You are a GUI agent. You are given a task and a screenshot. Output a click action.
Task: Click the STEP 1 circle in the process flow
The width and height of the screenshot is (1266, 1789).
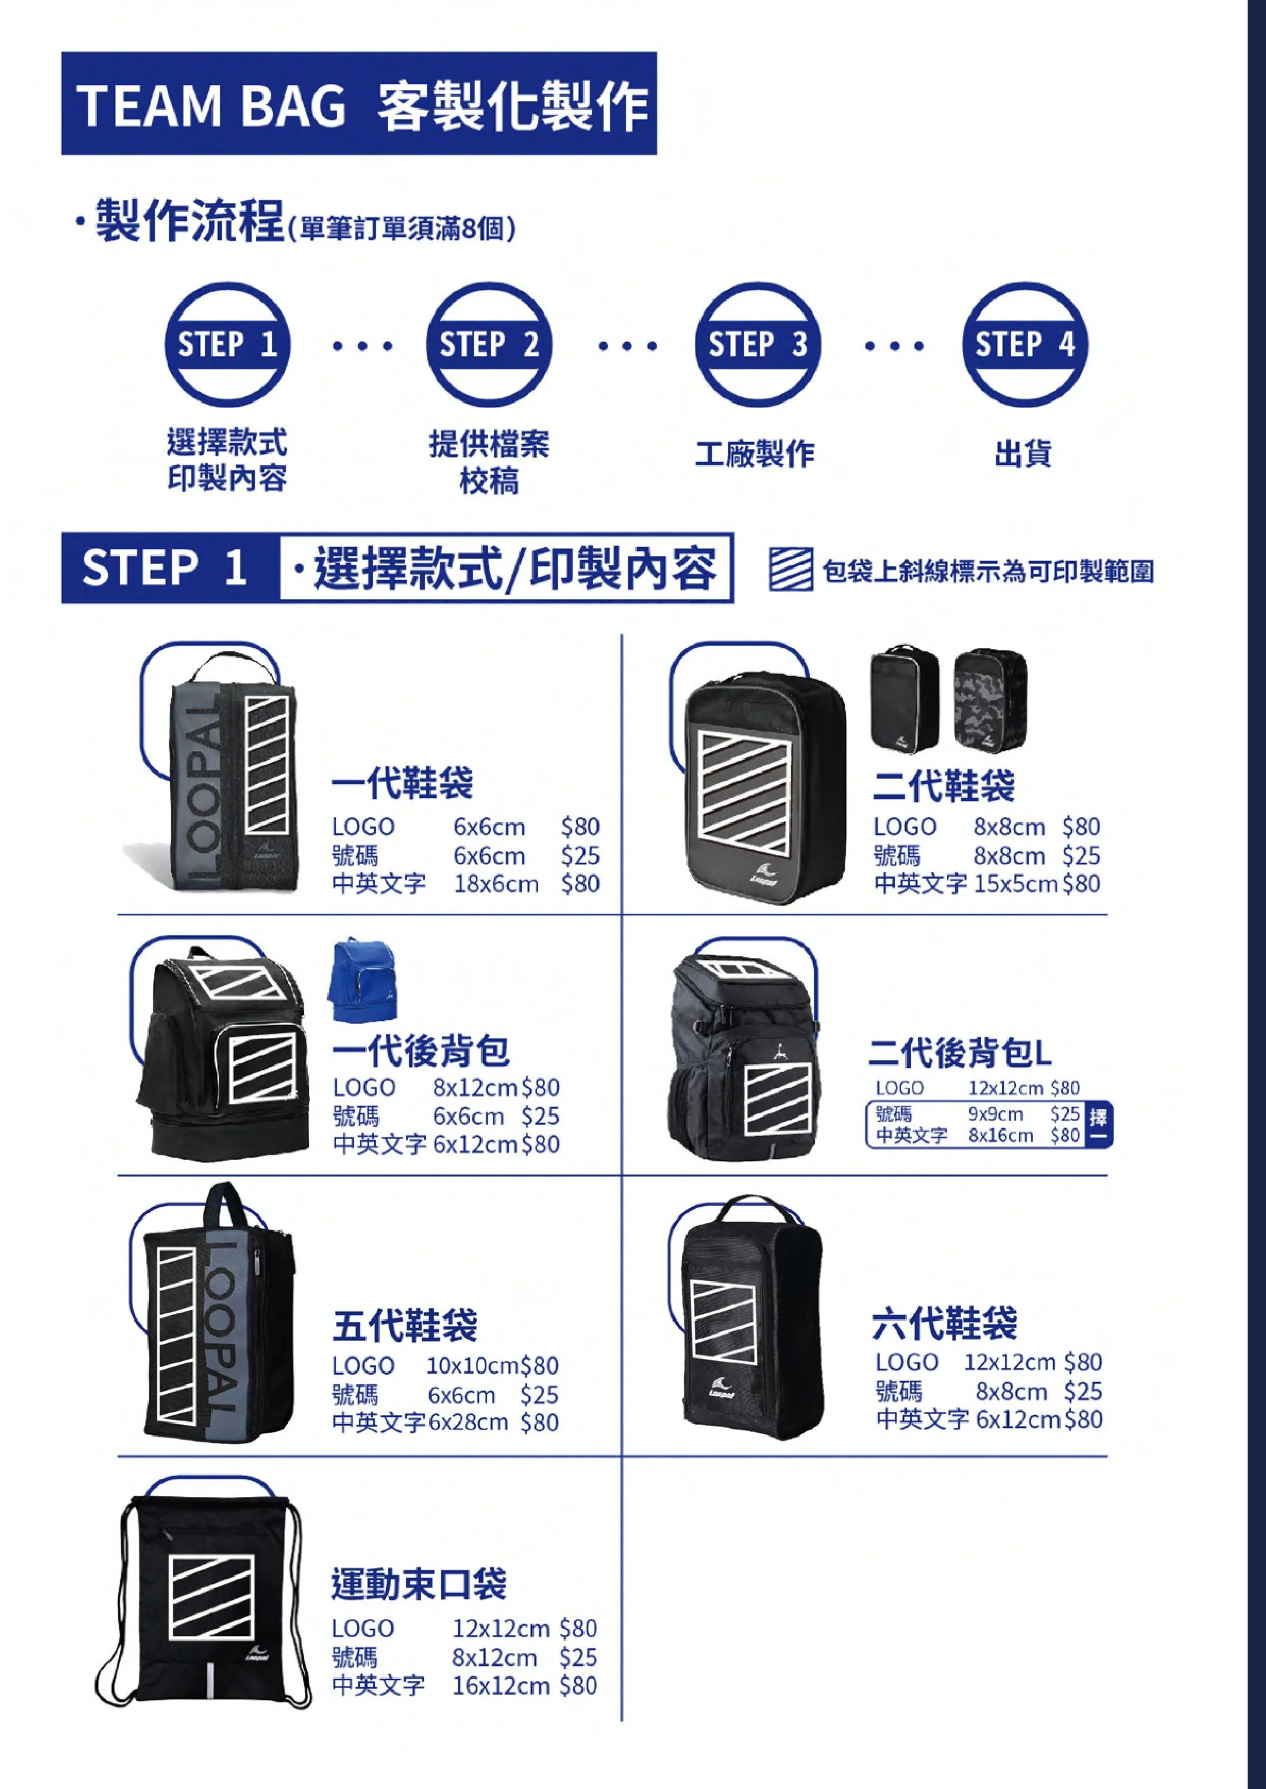point(227,344)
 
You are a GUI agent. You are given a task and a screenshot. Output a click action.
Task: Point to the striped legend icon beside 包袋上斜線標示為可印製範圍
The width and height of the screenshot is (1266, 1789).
point(790,570)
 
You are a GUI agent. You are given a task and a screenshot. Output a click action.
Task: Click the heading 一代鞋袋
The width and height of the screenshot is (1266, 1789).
point(402,783)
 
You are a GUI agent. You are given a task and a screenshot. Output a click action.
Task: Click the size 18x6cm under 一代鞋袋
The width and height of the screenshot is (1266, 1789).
point(496,884)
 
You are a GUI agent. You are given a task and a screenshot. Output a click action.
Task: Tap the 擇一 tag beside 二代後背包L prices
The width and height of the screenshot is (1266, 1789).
point(1099,1124)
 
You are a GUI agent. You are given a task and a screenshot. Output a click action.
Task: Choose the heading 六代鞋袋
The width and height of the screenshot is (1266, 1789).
point(945,1322)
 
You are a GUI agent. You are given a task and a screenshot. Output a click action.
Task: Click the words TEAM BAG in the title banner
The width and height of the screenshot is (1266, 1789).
point(211,105)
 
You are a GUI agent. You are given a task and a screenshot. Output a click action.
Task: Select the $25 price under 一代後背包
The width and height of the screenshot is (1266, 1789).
point(539,1116)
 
